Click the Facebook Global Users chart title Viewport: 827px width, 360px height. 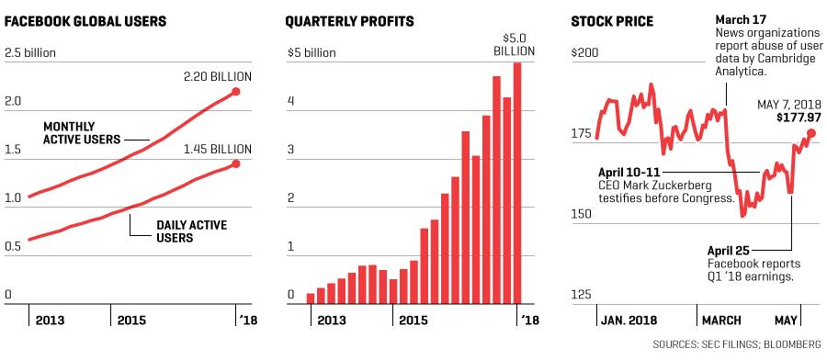click(85, 22)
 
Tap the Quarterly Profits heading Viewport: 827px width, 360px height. click(349, 22)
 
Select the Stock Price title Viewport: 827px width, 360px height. click(612, 22)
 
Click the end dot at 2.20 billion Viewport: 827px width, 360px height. click(236, 92)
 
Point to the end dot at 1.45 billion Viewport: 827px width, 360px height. click(236, 163)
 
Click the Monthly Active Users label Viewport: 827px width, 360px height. click(82, 133)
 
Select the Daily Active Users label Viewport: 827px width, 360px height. click(191, 231)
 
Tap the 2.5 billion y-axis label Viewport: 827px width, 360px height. click(30, 52)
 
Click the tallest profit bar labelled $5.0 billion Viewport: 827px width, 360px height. click(516, 184)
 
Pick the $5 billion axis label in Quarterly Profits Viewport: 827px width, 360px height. click(312, 52)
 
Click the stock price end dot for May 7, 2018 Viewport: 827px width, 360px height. click(811, 133)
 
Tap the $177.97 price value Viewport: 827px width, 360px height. click(799, 117)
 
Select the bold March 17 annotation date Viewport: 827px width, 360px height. click(740, 20)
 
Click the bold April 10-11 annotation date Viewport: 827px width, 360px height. click(629, 173)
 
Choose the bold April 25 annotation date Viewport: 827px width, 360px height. click(730, 251)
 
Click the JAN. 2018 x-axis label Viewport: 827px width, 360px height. click(629, 321)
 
